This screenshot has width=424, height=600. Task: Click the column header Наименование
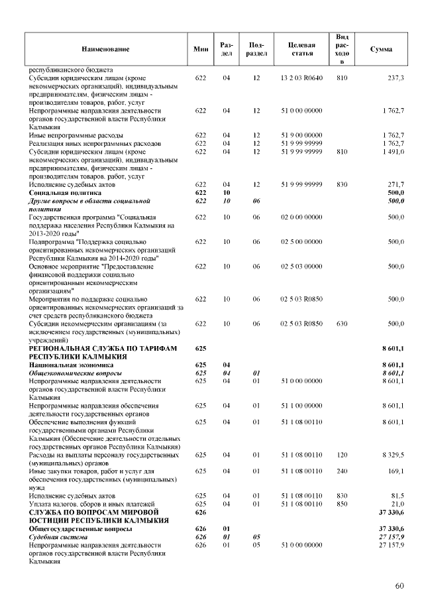point(105,49)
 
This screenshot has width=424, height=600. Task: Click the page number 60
point(399,585)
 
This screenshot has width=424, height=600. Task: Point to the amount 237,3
point(396,78)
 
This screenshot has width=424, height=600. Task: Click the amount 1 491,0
point(393,151)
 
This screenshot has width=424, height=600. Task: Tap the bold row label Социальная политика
point(65,192)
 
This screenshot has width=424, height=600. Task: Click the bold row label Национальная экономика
point(71,365)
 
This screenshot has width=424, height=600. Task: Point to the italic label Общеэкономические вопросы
point(75,373)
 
